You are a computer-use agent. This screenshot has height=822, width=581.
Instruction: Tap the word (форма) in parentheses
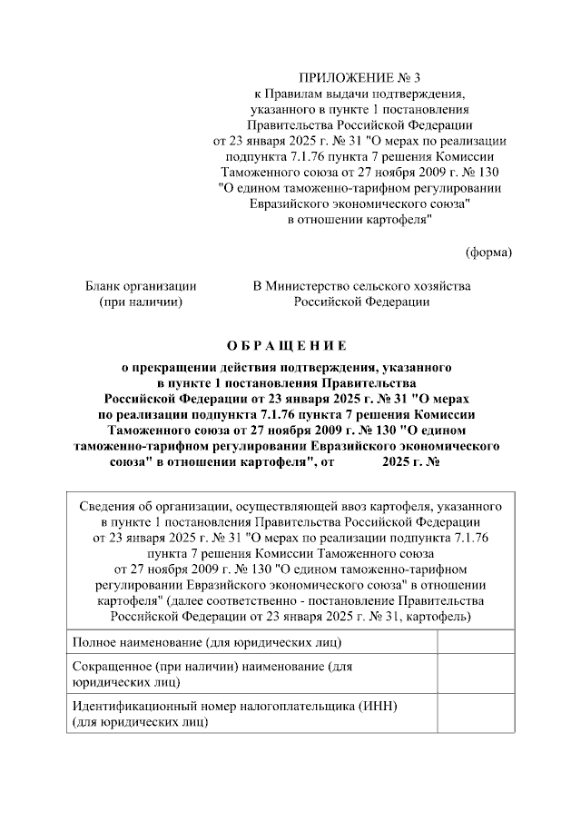488,252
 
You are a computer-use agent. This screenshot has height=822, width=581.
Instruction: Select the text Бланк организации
141,285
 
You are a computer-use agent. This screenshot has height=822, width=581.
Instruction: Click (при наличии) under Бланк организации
141,301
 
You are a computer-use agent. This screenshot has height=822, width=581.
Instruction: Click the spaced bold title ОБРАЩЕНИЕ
286,345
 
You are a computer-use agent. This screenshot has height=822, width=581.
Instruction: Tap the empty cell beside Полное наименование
475,643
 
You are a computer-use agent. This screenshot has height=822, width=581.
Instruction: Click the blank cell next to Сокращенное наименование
475,673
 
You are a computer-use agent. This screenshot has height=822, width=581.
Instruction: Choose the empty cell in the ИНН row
475,713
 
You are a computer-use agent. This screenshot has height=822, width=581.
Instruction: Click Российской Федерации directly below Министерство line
361,301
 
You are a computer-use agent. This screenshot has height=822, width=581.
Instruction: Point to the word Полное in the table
94,643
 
